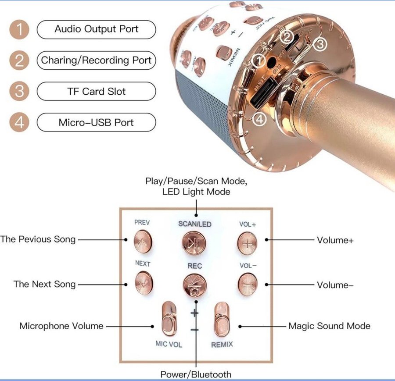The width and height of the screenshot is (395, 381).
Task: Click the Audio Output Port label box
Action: pos(96,29)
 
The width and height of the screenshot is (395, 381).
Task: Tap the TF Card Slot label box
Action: pos(96,92)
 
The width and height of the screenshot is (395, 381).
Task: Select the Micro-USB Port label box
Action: pos(96,122)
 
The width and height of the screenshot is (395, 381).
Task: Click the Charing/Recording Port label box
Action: pos(96,61)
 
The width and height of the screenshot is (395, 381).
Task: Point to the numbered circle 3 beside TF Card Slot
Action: pos(19,92)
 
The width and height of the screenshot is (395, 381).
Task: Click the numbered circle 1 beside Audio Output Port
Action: pos(19,29)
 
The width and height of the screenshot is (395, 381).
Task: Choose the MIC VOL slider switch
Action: pos(168,319)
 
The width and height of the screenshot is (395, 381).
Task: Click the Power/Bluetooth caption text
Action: pos(195,374)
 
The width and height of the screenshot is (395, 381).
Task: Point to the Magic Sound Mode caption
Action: pos(329,326)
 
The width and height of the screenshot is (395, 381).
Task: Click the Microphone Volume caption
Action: pos(61,326)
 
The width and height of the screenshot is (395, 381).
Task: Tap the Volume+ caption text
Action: pos(335,240)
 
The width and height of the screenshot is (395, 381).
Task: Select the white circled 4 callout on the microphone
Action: pos(260,119)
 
